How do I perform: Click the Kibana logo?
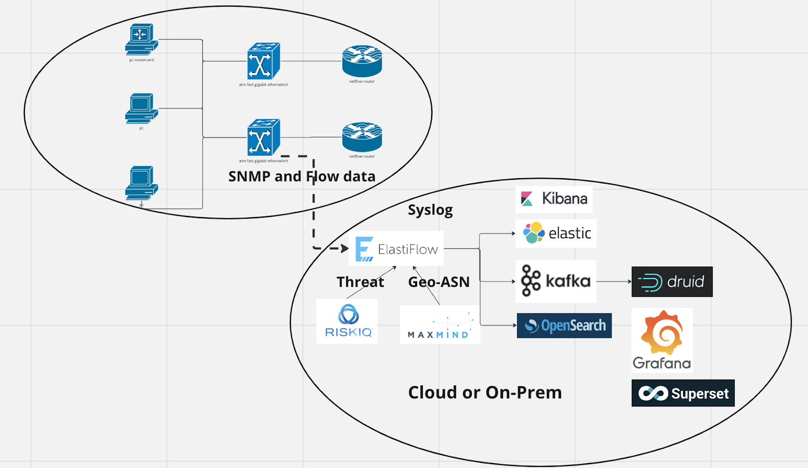tap(554, 199)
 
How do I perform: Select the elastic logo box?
tap(556, 233)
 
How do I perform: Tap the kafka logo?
tap(555, 281)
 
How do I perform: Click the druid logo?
tap(672, 282)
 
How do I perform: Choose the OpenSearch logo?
tap(564, 326)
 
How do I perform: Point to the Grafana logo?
tap(662, 340)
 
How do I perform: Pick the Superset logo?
tap(683, 393)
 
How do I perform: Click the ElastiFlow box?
tap(396, 248)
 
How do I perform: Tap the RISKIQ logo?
tap(347, 321)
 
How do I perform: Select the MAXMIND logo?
tap(440, 325)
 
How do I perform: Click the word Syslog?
tap(430, 210)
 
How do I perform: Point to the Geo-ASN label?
tap(439, 282)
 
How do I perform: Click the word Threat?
tap(360, 282)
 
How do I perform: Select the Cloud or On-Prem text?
tap(485, 392)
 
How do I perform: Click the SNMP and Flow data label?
tap(302, 176)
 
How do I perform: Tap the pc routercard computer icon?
tap(141, 39)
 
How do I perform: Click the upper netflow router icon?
tap(362, 61)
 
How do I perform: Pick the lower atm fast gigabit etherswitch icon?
tap(263, 137)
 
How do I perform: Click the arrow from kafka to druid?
tap(614, 281)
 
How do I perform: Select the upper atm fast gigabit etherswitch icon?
tap(263, 61)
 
